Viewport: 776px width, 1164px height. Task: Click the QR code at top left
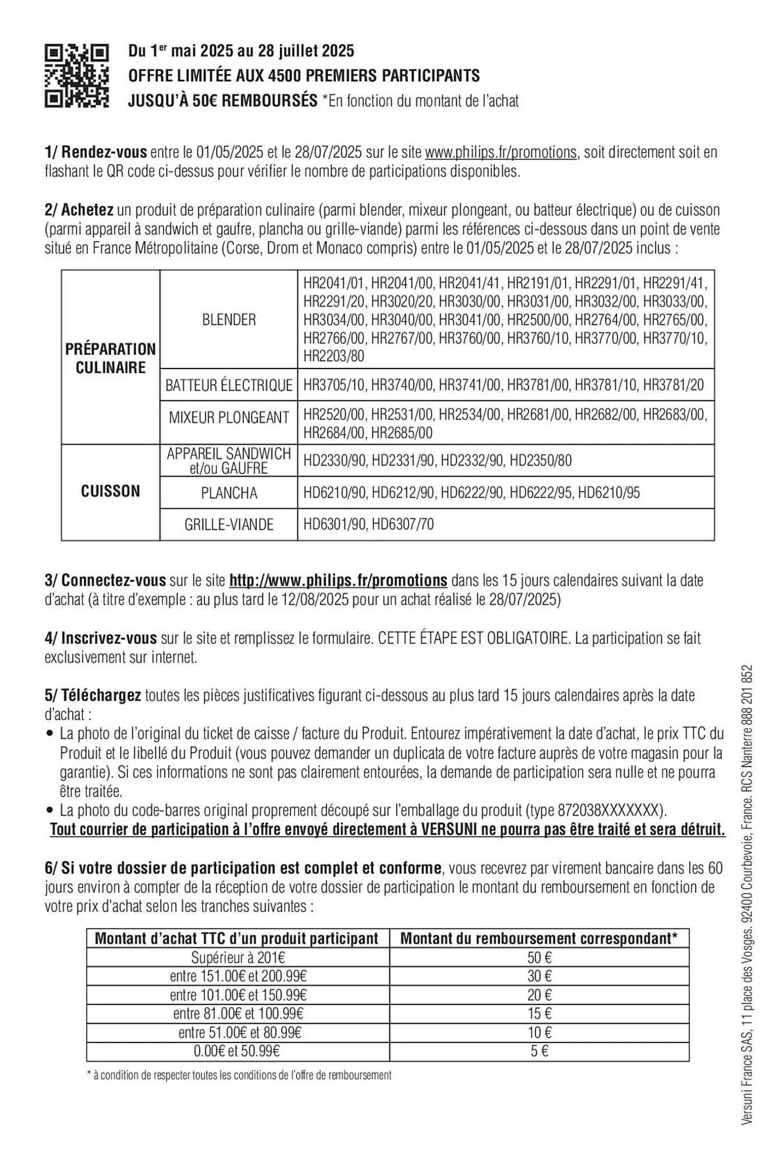77,76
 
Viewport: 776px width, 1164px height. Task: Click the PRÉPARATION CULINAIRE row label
111,358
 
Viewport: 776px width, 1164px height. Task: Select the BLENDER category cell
229,320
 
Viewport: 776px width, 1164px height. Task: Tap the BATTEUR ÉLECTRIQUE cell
229,385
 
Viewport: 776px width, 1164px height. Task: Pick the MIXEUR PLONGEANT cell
229,417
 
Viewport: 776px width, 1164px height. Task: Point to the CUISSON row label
111,491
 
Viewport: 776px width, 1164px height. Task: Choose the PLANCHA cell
229,493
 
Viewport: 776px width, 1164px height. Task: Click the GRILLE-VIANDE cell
229,524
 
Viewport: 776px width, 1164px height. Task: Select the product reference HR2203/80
334,356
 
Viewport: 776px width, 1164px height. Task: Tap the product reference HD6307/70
402,524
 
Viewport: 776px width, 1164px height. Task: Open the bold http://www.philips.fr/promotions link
338,580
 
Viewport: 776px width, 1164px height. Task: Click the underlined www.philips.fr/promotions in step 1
501,152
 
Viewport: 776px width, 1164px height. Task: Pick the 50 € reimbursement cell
539,957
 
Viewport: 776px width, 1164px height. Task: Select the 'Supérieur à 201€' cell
238,957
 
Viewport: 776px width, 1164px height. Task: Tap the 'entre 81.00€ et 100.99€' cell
238,1013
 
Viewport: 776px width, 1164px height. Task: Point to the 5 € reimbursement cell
539,1051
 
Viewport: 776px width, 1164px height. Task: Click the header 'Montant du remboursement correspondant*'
539,938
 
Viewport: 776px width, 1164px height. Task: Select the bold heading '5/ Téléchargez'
93,695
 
